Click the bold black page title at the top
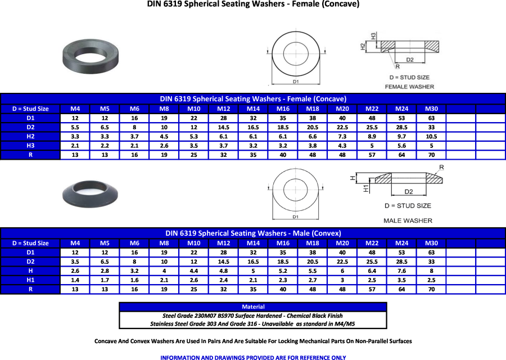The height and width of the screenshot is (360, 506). [253, 4]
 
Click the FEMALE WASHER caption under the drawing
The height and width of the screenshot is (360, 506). [409, 87]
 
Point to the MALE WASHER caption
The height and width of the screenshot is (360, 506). [408, 221]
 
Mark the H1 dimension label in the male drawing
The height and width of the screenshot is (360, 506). [365, 189]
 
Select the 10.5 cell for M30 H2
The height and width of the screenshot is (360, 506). [431, 136]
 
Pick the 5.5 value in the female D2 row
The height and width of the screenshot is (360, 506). [75, 127]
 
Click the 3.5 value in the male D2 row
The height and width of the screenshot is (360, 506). [75, 262]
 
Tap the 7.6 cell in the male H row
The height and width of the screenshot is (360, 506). [401, 271]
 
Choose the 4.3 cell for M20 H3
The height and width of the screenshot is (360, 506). [342, 146]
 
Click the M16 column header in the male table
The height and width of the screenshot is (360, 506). [282, 244]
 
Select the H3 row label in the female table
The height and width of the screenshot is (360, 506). [30, 146]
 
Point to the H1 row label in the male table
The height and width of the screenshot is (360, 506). [30, 280]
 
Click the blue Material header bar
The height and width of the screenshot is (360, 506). [253, 307]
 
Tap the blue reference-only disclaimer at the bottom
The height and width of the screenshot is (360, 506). [253, 357]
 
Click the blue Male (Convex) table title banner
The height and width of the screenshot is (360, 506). [253, 233]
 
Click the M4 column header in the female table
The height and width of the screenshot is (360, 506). [75, 109]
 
